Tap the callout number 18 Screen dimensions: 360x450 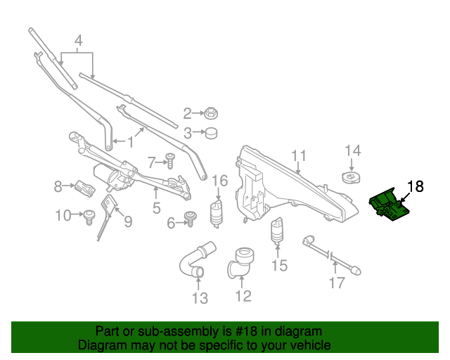416,186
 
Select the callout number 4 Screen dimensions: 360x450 79,41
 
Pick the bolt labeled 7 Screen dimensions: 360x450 169,161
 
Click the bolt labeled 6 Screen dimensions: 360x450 189,219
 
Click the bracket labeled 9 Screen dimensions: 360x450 108,211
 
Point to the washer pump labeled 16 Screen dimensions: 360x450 218,211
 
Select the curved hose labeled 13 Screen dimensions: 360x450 196,259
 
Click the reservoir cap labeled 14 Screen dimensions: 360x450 349,176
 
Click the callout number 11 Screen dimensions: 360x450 299,156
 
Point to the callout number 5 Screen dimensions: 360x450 157,207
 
